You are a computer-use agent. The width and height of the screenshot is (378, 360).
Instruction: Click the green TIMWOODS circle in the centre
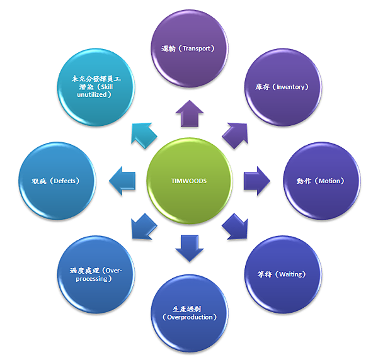tap(189, 180)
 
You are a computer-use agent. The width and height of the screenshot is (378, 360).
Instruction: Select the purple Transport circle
tap(189, 47)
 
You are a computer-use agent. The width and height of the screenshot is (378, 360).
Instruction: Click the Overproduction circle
tap(189, 313)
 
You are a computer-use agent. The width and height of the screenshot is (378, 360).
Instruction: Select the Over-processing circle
tap(96, 274)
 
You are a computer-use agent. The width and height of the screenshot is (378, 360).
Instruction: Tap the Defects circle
tap(57, 181)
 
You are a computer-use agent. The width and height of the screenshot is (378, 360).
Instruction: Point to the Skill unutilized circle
tap(96, 87)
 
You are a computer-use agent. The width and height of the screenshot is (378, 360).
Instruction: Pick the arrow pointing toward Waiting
tap(234, 226)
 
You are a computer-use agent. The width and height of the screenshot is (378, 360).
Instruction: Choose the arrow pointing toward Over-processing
tap(144, 226)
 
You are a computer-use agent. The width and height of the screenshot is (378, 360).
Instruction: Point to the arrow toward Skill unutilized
tap(143, 135)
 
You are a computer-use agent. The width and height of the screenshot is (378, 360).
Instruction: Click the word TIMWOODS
tap(189, 181)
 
